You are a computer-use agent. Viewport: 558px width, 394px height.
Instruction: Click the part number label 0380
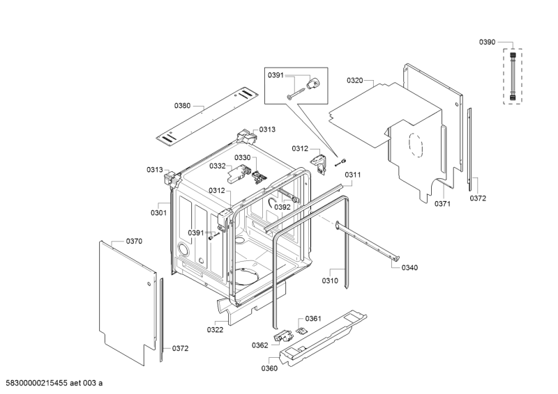pos(182,106)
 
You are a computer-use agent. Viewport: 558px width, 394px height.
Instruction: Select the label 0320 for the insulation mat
pos(355,81)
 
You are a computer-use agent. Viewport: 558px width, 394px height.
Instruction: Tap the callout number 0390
pos(487,42)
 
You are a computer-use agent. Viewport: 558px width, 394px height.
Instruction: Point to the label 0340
pos(409,268)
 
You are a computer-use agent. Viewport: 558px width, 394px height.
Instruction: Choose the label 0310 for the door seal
pos(330,281)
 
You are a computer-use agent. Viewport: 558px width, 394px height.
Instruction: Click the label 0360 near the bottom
pos(269,368)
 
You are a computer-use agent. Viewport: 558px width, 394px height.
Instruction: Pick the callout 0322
pos(215,330)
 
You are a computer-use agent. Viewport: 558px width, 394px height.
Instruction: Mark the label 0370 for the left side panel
pos(134,242)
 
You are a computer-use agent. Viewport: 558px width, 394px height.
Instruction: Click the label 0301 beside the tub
pos(158,213)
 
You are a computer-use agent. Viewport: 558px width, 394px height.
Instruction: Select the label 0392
pos(282,207)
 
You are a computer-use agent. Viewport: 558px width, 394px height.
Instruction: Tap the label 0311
pos(353,175)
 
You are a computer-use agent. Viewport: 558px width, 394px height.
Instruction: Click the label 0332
pos(218,166)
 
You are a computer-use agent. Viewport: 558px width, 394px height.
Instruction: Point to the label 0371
pos(442,204)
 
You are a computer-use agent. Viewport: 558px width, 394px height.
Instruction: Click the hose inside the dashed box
pos(513,76)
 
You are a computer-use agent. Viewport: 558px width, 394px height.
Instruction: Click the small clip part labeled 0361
pos(301,330)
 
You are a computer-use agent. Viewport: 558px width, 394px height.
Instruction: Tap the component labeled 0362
pos(282,336)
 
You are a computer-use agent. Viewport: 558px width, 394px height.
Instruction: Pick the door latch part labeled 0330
pos(259,177)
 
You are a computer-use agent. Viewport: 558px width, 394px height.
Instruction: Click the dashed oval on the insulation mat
pos(416,145)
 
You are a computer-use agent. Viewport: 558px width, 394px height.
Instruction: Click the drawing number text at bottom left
pos(54,383)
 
